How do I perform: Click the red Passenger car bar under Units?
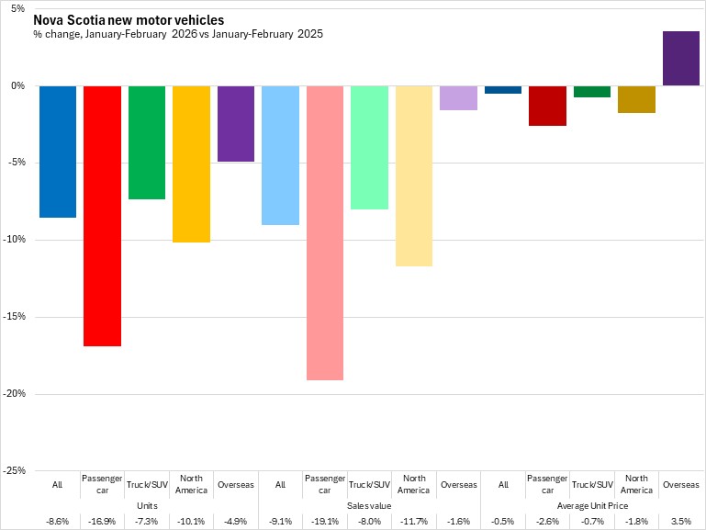click(x=102, y=216)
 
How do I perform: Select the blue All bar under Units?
click(x=57, y=152)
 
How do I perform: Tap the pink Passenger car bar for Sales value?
click(x=325, y=232)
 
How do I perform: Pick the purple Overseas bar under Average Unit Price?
click(x=680, y=59)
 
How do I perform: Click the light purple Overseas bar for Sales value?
click(x=458, y=97)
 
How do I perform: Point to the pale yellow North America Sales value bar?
click(x=414, y=175)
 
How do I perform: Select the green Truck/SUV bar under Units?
click(x=146, y=142)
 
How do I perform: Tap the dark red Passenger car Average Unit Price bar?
click(x=547, y=106)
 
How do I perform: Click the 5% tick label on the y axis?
click(x=19, y=9)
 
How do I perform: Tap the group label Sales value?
click(x=369, y=505)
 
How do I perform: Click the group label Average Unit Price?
click(x=592, y=505)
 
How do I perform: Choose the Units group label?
click(x=147, y=505)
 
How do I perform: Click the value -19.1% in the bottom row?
click(x=325, y=522)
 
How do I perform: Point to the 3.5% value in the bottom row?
click(x=680, y=522)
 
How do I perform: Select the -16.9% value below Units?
click(x=102, y=522)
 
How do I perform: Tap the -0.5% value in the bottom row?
click(x=503, y=522)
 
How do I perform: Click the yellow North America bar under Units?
click(x=191, y=164)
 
